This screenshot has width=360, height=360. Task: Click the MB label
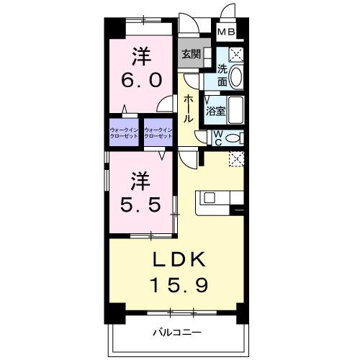pyautogui.click(x=227, y=32)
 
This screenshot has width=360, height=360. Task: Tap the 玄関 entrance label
pyautogui.click(x=191, y=54)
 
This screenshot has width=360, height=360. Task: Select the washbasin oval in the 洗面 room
pyautogui.click(x=239, y=76)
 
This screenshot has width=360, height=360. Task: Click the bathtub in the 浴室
pyautogui.click(x=238, y=111)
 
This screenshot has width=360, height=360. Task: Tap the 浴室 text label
pyautogui.click(x=215, y=112)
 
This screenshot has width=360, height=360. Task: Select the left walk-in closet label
pyautogui.click(x=124, y=132)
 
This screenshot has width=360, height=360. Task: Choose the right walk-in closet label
pyautogui.click(x=158, y=132)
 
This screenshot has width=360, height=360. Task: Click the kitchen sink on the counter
pyautogui.click(x=210, y=197)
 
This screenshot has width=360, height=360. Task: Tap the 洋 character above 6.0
pyautogui.click(x=140, y=54)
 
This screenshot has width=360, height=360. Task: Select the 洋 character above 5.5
pyautogui.click(x=140, y=177)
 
